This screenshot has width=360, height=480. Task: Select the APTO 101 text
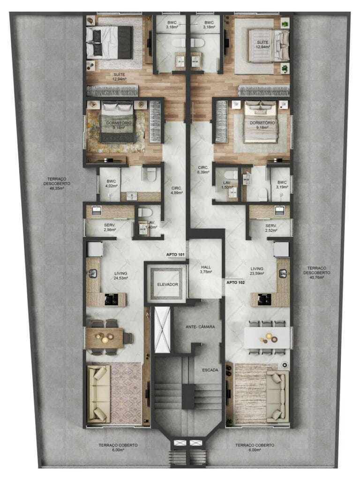[176, 255]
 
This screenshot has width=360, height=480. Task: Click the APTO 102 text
[235, 283]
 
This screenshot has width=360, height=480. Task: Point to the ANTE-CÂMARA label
[200, 326]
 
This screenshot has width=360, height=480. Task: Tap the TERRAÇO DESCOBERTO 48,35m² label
[58, 181]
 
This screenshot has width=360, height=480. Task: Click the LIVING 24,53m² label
[121, 275]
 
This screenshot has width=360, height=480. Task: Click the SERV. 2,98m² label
[110, 227]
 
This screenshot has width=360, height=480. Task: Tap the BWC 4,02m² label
[111, 183]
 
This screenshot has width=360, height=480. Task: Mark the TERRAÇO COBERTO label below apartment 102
[255, 447]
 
